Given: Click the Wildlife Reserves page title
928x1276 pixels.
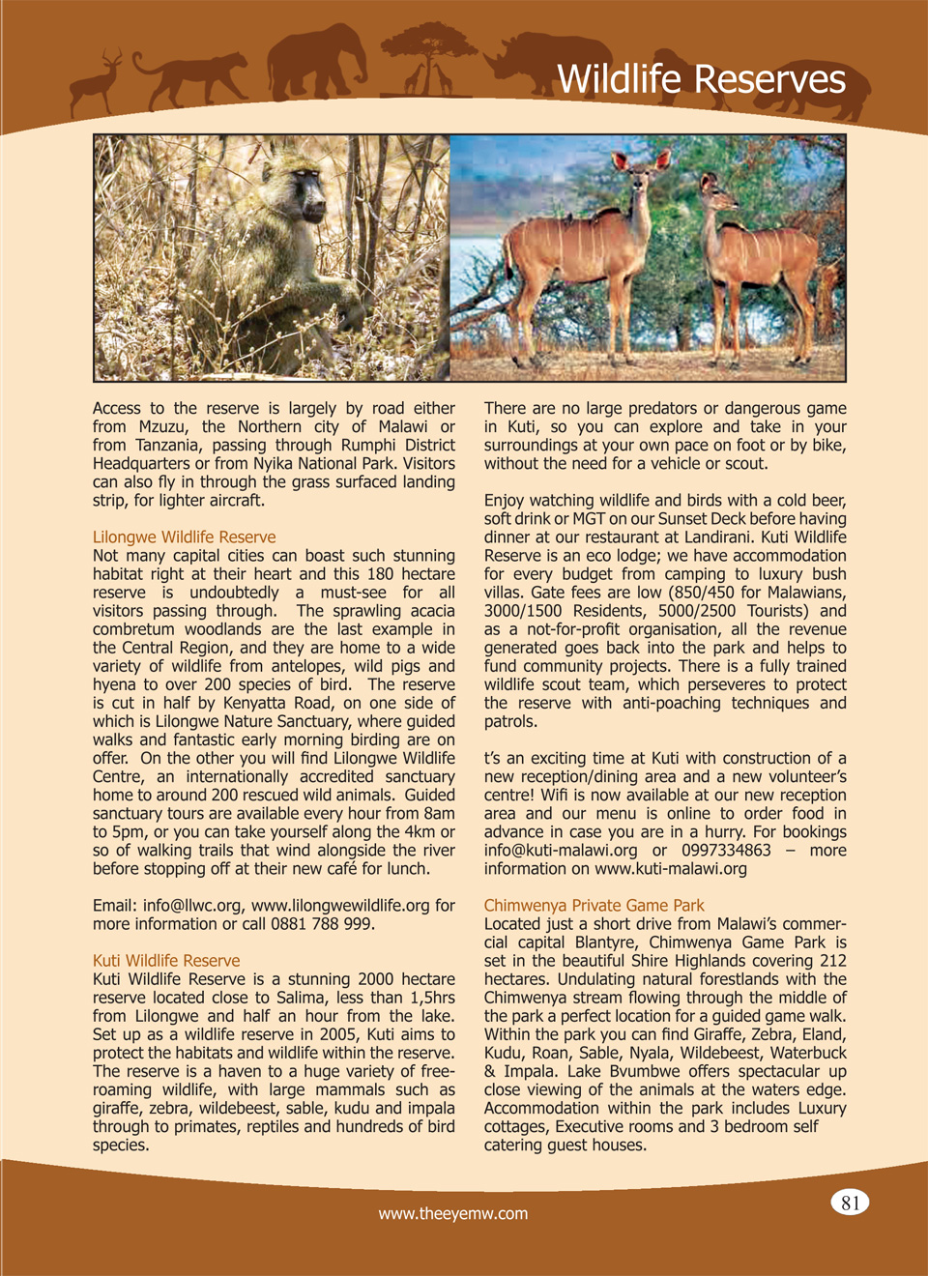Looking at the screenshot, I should (701, 79).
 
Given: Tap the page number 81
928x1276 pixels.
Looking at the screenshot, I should (850, 1203).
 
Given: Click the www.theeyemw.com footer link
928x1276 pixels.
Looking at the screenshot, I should (453, 1214).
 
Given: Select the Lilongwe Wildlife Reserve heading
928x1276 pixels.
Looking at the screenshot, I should (184, 537).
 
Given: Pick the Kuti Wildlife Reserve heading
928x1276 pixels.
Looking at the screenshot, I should (166, 961).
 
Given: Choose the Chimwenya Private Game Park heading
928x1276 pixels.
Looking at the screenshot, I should (594, 906).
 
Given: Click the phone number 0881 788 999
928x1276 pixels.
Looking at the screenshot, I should (323, 924).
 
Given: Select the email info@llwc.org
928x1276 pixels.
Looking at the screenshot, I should (191, 906).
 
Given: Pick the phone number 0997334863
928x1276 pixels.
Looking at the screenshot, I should (726, 851).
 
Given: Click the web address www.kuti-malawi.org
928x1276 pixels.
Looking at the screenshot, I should (671, 869).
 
